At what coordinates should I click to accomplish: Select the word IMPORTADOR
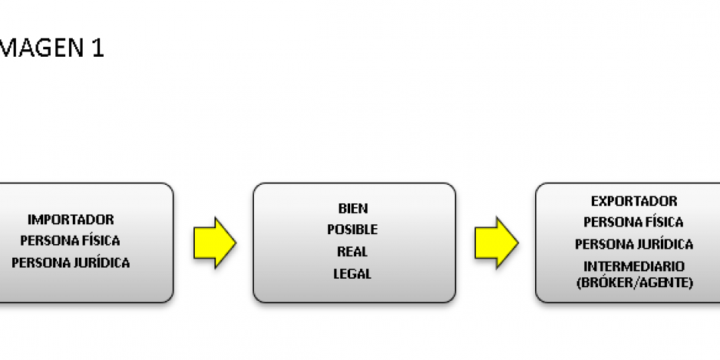point(70,220)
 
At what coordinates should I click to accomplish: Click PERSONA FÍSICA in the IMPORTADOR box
point(70,241)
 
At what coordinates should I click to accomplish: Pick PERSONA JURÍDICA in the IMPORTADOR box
point(70,263)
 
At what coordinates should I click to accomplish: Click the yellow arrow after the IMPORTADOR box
point(214,243)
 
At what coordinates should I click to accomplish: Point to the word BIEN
point(353,208)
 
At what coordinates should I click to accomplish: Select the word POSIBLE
point(352,230)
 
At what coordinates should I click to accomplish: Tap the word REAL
point(352,252)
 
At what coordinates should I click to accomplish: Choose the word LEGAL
point(352,274)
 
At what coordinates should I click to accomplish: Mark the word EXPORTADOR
point(634,202)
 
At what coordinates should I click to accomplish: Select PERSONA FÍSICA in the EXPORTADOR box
point(634,223)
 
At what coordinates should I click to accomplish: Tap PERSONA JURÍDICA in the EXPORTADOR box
point(634,245)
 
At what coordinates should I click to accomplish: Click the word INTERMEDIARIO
point(634,267)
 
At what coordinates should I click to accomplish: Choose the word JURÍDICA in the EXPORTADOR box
point(662,245)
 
